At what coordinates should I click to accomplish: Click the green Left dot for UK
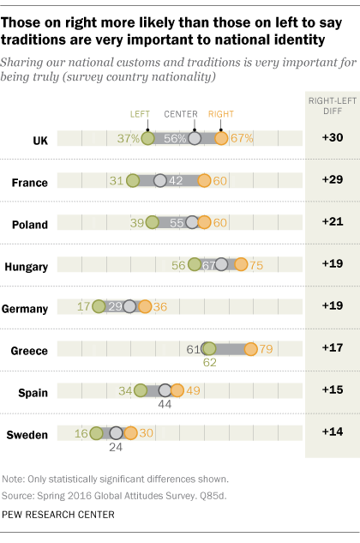pyautogui.click(x=147, y=138)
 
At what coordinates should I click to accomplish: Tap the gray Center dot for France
pyautogui.click(x=159, y=180)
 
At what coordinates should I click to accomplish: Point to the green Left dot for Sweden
pyautogui.click(x=96, y=432)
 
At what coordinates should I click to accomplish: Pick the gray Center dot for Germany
pyautogui.click(x=129, y=306)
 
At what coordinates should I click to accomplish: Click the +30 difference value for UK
pyautogui.click(x=332, y=138)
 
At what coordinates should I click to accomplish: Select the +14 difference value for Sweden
pyautogui.click(x=332, y=432)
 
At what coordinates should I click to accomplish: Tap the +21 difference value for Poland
pyautogui.click(x=332, y=222)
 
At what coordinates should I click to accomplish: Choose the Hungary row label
pyautogui.click(x=26, y=265)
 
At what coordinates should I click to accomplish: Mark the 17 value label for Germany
pyautogui.click(x=84, y=306)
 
